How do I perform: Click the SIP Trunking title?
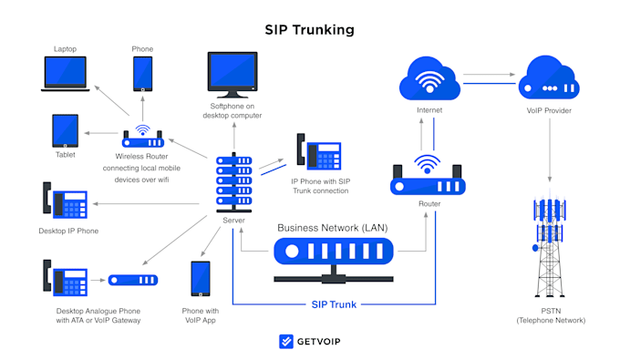click(x=309, y=30)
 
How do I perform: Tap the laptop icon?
click(x=67, y=74)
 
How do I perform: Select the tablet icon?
click(x=67, y=131)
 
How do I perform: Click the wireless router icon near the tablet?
click(x=143, y=139)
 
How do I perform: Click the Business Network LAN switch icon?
click(x=334, y=249)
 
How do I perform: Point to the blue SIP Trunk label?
click(x=334, y=303)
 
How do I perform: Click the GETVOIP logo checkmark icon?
click(x=285, y=342)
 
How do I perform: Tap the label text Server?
click(x=233, y=221)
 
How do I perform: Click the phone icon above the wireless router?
click(x=142, y=74)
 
